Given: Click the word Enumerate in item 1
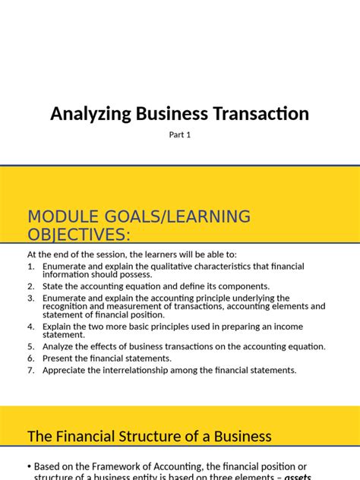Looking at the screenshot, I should pos(66,267).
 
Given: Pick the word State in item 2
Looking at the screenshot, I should pos(54,286).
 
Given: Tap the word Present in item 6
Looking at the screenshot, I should pos(60,358).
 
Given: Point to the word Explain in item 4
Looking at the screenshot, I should pos(59,327).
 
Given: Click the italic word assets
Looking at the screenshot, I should pos(298,477).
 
